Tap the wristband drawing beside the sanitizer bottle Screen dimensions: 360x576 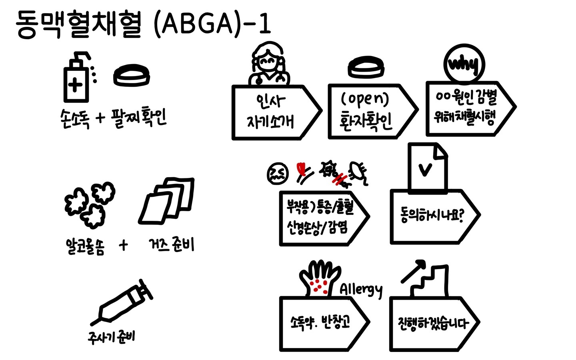tap(132, 76)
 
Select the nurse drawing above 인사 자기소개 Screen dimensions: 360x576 tap(269, 64)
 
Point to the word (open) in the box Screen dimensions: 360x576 tap(364, 99)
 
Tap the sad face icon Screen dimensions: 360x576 tap(277, 173)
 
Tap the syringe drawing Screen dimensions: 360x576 tap(122, 302)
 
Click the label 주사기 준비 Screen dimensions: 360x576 tap(112, 336)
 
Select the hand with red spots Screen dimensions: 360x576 tap(319, 278)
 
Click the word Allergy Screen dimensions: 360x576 tap(361, 289)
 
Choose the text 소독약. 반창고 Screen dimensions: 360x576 tap(320, 322)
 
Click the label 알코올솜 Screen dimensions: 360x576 tap(85, 246)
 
